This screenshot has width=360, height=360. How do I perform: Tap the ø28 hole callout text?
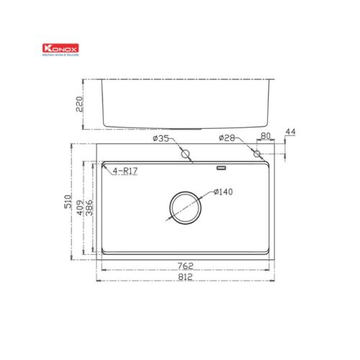228,139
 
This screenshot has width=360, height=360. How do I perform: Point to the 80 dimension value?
265,135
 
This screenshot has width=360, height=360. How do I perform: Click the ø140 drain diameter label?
224,193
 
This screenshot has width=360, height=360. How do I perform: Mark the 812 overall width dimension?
185,280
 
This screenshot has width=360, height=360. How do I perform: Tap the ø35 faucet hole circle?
185,153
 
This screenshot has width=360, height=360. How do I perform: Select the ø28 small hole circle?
257,153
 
